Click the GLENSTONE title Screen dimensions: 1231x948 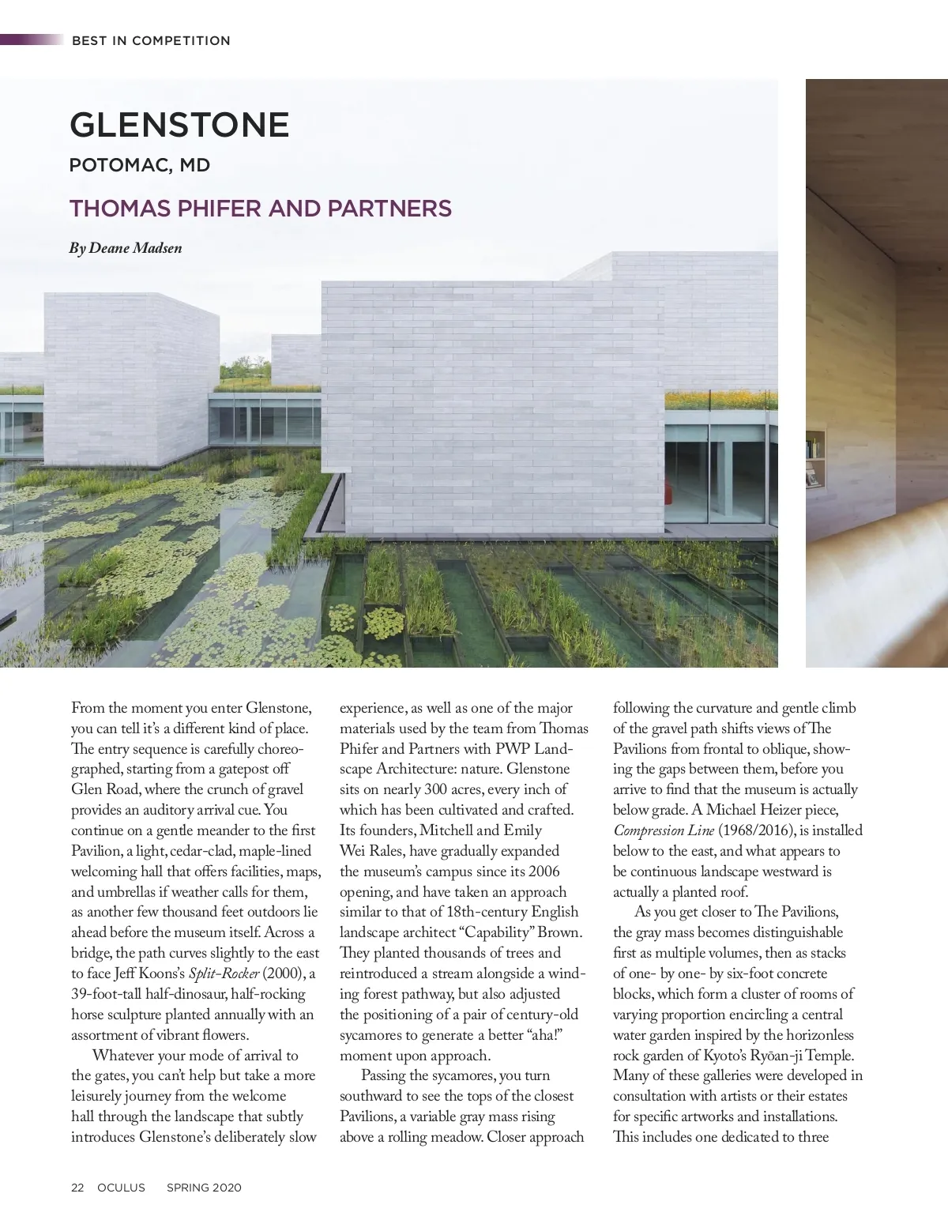179,125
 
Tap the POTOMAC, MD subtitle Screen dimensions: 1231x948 140,166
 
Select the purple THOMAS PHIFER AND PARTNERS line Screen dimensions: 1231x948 260,209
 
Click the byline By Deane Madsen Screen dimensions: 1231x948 126,248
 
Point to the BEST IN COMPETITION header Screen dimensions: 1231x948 151,40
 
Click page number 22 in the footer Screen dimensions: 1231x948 77,1188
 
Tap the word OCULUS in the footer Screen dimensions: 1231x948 121,1188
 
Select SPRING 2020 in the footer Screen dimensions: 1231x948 204,1188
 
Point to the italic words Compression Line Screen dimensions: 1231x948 664,830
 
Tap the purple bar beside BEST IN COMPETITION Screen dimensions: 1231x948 32,40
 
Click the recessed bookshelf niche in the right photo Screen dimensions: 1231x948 815,459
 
